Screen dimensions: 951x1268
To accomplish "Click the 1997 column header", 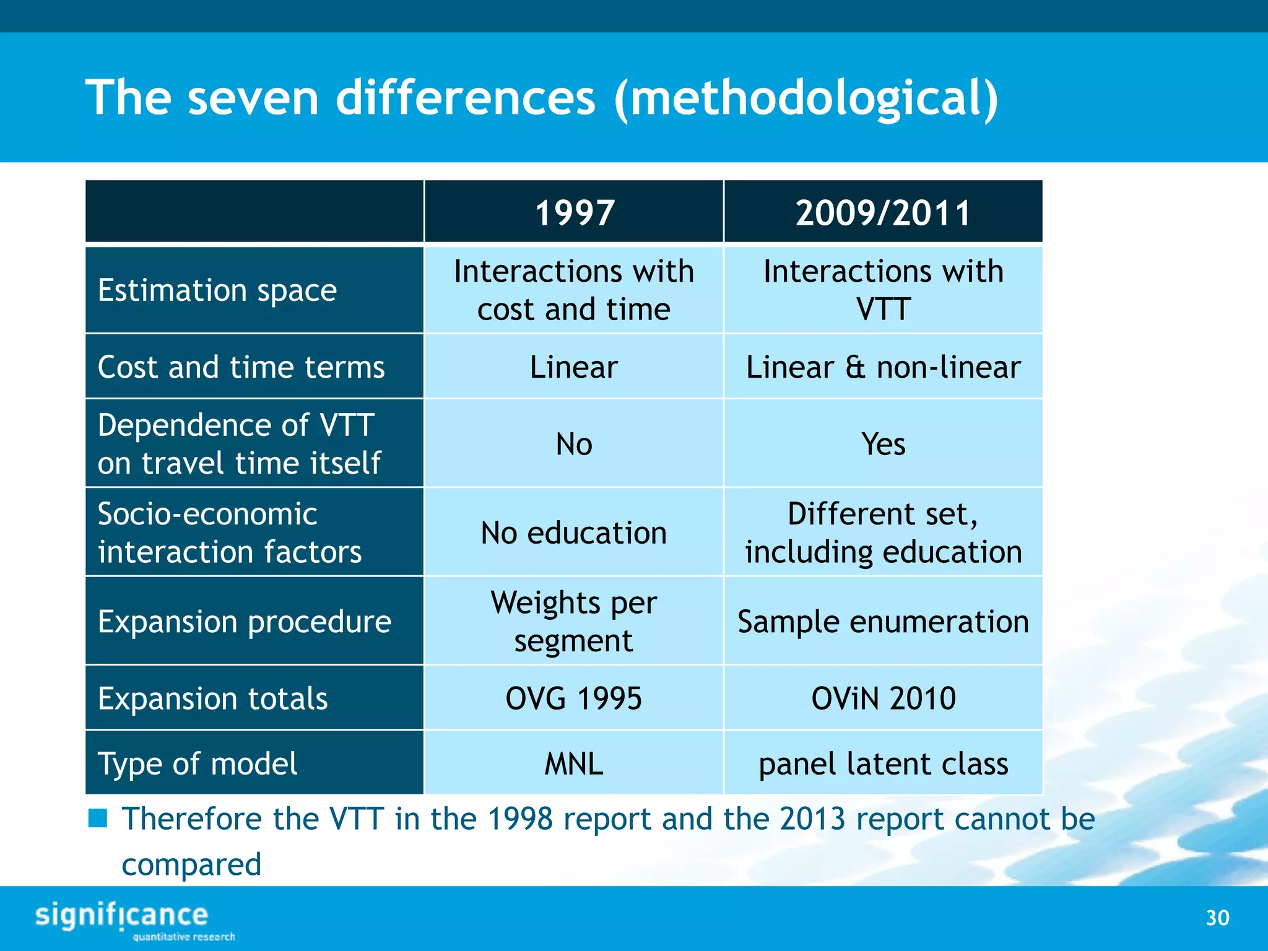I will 574,212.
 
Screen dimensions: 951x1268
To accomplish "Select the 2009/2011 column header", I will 883,212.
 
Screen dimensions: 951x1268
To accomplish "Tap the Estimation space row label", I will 217,290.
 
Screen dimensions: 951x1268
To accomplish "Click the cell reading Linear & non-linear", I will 883,367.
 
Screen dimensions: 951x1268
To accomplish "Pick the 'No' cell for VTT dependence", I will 574,444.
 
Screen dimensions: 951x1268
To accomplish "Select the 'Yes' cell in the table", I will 883,444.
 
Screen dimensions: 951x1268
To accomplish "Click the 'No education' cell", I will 574,532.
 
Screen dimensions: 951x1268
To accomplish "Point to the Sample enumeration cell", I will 883,621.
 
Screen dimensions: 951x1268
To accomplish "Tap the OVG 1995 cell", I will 574,698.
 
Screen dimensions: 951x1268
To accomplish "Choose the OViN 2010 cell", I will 883,698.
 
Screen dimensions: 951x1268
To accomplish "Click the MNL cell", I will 574,763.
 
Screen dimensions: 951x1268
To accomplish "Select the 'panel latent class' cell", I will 883,763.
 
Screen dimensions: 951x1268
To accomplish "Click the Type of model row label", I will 198,763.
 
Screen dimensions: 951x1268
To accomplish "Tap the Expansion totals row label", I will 212,698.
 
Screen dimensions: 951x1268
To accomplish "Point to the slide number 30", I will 1217,918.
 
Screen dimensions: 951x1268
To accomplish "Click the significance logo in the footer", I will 124,918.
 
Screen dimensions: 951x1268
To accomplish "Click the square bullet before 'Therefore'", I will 98,818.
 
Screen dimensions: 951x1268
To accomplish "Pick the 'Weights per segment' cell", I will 574,621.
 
